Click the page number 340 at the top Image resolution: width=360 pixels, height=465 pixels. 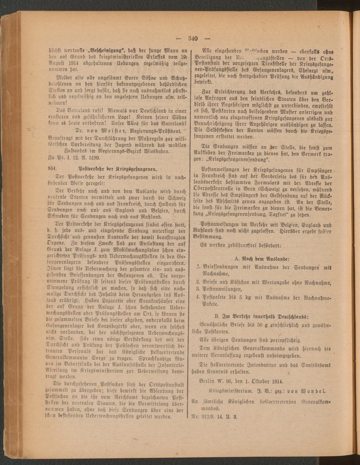(194, 38)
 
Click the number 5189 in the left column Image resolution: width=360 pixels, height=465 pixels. (92, 157)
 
